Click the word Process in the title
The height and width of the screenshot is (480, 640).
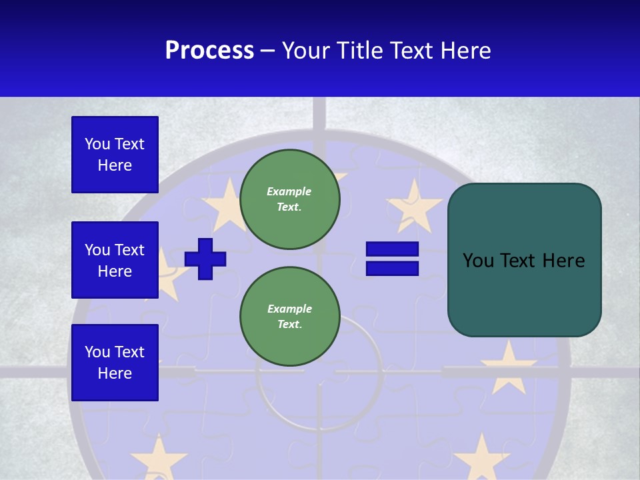(209, 51)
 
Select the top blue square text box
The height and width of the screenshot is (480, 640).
(115, 155)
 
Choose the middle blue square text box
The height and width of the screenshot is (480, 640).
(115, 260)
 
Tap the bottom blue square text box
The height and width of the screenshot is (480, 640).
(115, 363)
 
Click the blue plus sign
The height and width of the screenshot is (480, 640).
(205, 259)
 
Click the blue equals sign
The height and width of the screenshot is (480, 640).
(392, 259)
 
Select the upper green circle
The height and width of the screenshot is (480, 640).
(290, 199)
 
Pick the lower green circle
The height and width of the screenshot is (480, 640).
(290, 317)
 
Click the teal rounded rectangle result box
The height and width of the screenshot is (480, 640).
(524, 260)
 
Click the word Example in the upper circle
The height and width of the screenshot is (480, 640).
(289, 191)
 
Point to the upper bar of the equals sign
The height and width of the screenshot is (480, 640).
(392, 249)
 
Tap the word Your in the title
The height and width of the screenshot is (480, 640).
(305, 51)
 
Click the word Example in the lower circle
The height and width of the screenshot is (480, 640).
(289, 309)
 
